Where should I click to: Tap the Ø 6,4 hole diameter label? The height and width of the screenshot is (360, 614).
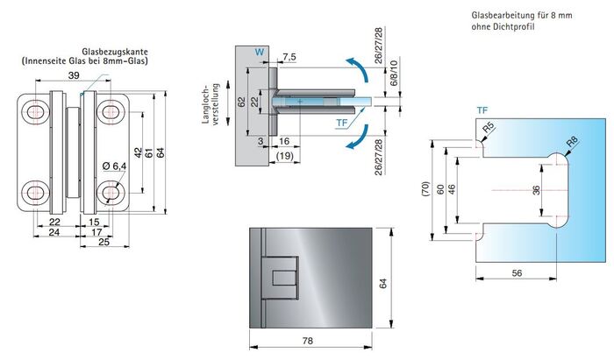(x=115, y=167)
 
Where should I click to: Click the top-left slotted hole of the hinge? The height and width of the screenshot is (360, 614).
(x=37, y=111)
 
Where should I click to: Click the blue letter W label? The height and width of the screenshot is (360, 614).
(x=258, y=53)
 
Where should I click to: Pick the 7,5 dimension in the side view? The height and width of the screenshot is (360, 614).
(x=290, y=59)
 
